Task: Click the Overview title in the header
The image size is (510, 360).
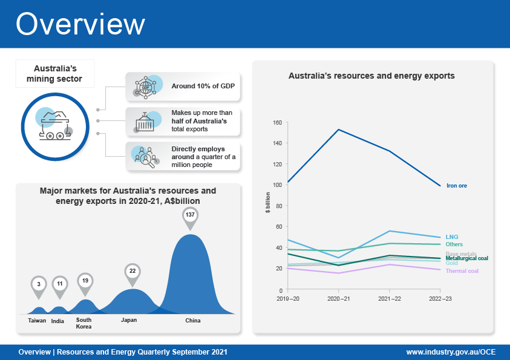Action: [x=80, y=24]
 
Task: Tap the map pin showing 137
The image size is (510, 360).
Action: [x=191, y=217]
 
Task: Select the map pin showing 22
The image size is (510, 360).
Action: [x=132, y=272]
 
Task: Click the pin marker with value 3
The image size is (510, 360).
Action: [x=38, y=284]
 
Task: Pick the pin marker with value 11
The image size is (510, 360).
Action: [x=60, y=284]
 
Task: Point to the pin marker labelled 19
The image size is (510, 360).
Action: [x=85, y=281]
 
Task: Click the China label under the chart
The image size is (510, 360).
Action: [x=192, y=321]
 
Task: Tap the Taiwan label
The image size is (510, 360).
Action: [x=37, y=321]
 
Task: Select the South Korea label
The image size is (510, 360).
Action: [x=83, y=322]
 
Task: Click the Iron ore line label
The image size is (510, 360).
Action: [x=457, y=186]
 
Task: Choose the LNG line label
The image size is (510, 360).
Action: [x=451, y=237]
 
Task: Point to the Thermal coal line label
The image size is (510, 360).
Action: [x=462, y=271]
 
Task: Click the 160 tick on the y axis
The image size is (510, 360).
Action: [x=278, y=123]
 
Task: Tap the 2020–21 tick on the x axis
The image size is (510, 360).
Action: [x=338, y=299]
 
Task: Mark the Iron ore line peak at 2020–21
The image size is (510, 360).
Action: [x=338, y=129]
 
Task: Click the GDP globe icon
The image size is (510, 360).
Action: [x=145, y=87]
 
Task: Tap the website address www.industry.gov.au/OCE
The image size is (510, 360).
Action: [x=451, y=352]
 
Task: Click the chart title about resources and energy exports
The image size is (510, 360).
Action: [x=371, y=76]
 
